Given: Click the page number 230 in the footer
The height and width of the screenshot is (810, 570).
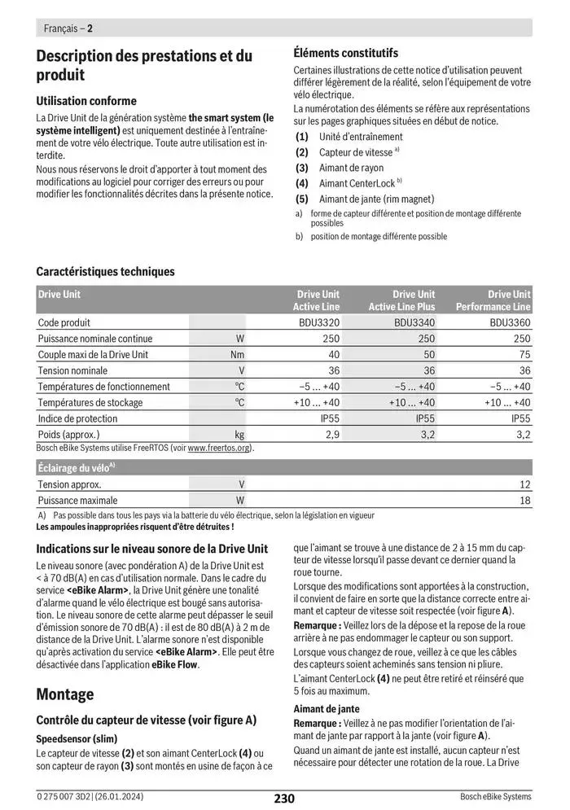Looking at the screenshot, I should (283, 799).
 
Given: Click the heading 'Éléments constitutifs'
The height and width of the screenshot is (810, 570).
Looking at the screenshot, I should (345, 53).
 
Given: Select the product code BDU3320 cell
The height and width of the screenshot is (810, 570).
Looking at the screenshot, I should (319, 322).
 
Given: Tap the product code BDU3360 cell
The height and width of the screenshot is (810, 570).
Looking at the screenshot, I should (510, 322).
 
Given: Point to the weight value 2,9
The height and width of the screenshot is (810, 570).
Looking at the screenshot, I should (332, 434).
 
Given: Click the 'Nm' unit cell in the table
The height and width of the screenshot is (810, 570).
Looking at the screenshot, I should (237, 354).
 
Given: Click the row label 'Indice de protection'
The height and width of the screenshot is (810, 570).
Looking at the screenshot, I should (77, 418).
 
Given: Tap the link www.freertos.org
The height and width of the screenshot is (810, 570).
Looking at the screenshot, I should (220, 448).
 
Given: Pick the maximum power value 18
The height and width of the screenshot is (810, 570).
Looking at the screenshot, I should (524, 500).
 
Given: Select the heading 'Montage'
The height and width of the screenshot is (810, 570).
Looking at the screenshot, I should (65, 694).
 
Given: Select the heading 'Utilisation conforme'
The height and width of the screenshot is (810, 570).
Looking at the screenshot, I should (86, 101).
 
